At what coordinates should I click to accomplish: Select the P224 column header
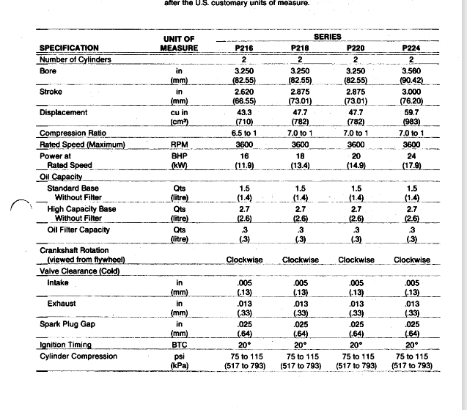tap(411, 48)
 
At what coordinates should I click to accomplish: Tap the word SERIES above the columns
tap(327, 36)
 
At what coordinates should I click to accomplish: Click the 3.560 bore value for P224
tap(411, 71)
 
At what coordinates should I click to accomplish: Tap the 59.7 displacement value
tap(411, 113)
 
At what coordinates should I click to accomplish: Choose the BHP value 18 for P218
tap(300, 155)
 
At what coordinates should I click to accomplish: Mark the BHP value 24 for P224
tap(411, 155)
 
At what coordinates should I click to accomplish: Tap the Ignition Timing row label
tap(65, 345)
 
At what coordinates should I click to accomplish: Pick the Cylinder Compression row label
tap(77, 356)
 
